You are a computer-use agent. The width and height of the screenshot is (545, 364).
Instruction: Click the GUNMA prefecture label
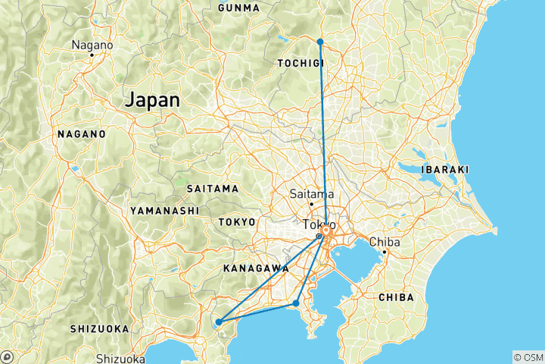[238, 8]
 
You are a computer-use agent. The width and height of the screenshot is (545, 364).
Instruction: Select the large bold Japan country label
[153, 99]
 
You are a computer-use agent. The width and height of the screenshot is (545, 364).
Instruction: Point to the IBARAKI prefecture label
[446, 169]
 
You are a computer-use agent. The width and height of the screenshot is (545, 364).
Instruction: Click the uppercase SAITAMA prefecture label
[212, 188]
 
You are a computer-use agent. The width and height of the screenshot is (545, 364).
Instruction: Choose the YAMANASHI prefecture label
[164, 210]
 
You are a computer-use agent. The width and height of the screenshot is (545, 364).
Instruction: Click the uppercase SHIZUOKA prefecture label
[99, 328]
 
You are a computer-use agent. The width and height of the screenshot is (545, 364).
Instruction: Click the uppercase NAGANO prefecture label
[82, 133]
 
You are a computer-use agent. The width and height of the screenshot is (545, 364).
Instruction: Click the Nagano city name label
[92, 45]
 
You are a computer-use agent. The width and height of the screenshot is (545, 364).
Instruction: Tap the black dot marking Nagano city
[92, 55]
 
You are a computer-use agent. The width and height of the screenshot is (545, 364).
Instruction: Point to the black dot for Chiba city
[385, 252]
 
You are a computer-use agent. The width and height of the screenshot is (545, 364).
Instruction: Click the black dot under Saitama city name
[311, 204]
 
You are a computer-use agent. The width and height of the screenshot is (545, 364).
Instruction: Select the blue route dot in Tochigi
[320, 41]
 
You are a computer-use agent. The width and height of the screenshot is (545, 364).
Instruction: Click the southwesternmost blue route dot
[219, 322]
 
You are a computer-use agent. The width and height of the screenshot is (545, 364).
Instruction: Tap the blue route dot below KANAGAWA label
[296, 303]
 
